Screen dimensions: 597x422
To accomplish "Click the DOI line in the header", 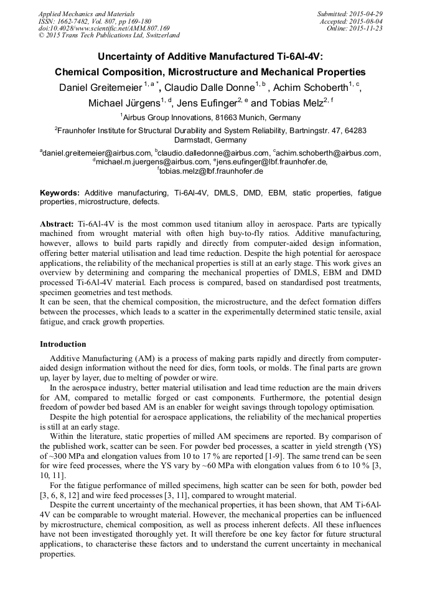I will pyautogui.click(x=104, y=28).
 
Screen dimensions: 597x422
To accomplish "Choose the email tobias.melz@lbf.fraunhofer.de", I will pyautogui.click(x=211, y=171).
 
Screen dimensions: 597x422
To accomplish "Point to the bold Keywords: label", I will pyautogui.click(x=60, y=193).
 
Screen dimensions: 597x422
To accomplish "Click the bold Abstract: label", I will pyautogui.click(x=57, y=223).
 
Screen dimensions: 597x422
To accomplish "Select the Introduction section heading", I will pyautogui.click(x=63, y=344).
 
